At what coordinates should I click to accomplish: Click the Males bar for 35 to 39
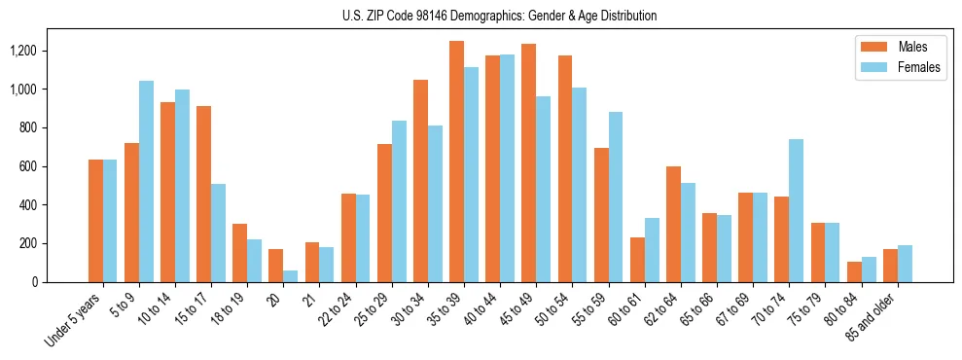click(456, 162)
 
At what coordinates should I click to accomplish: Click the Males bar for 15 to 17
click(203, 195)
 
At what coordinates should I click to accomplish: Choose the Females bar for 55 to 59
click(616, 198)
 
